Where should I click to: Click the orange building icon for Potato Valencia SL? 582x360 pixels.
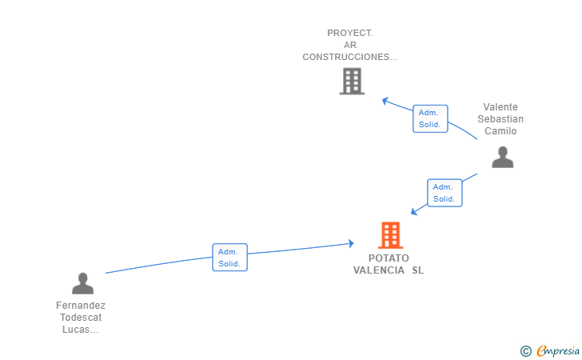click(390, 235)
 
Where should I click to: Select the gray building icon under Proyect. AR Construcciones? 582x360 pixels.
click(352, 81)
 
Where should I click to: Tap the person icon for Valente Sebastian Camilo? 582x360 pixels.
click(503, 157)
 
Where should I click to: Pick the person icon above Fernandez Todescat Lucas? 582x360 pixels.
click(83, 283)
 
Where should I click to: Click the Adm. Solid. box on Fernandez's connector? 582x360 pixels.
click(229, 257)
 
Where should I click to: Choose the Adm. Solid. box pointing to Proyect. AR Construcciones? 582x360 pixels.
click(430, 118)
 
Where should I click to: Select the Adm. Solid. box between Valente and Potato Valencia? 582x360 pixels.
click(444, 193)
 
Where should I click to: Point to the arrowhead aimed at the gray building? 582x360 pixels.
click(385, 101)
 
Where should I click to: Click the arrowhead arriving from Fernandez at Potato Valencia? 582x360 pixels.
click(351, 244)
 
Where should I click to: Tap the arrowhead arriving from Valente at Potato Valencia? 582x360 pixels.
click(414, 212)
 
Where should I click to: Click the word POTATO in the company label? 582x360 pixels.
click(389, 258)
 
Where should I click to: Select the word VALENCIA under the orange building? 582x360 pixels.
click(379, 270)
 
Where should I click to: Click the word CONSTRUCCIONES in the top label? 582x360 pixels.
click(346, 57)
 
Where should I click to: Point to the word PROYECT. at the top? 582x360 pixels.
click(350, 33)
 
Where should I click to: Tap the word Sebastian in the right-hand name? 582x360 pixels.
click(500, 119)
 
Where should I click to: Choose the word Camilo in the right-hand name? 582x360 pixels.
click(500, 130)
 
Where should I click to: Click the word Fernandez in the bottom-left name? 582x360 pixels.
click(81, 306)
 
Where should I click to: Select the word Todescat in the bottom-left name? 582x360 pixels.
click(81, 318)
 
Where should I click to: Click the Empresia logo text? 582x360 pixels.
click(558, 350)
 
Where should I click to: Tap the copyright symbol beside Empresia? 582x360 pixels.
click(526, 351)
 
